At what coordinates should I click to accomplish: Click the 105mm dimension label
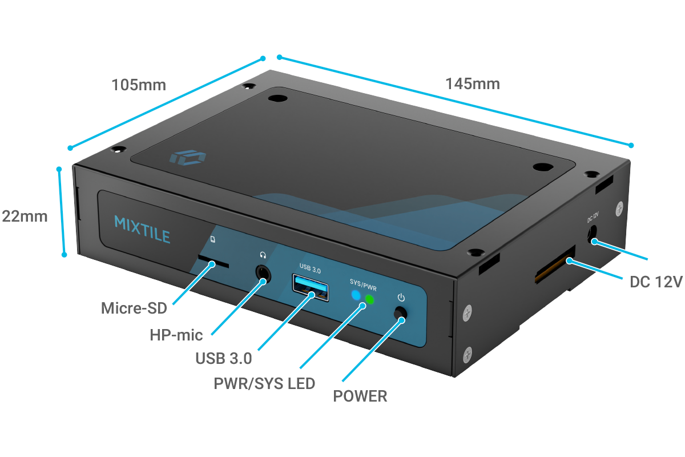139,85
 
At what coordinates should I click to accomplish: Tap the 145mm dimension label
473,84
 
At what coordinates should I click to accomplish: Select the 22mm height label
25,217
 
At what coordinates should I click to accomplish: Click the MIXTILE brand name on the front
142,222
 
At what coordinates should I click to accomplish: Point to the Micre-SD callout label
134,308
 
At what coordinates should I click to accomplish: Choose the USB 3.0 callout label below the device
223,359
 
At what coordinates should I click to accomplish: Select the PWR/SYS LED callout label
264,383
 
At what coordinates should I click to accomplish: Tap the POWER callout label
360,396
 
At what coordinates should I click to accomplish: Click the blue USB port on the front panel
311,287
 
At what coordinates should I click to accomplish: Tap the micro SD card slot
213,263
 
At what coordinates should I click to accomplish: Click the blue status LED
356,295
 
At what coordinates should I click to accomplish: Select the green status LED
369,299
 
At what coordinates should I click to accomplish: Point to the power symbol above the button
401,297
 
